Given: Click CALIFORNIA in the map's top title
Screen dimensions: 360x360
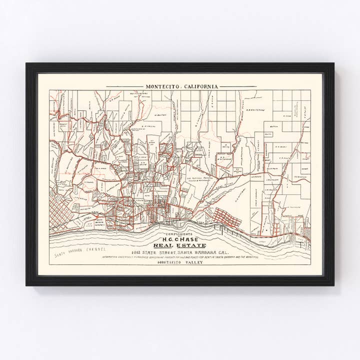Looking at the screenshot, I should coord(200,86).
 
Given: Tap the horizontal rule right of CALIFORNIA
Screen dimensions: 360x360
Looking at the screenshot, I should coord(237,86).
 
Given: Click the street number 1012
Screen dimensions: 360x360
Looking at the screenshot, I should coord(138,253).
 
